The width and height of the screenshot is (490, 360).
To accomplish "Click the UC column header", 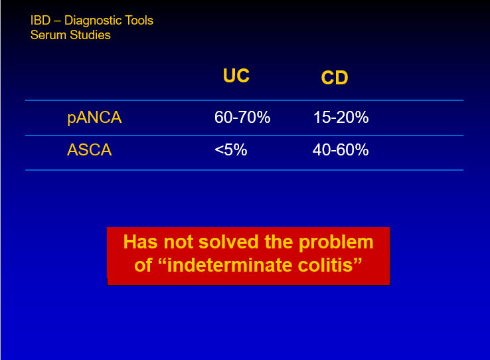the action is pos(236,76).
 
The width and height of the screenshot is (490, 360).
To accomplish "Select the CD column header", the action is pos(335,78).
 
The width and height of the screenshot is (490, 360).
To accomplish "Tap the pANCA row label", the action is pos(94,118).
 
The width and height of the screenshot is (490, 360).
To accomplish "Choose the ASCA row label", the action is pos(90,149).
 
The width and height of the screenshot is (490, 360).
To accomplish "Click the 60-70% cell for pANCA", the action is pos(242,118).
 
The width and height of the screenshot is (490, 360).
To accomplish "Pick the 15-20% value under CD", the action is pos(341,118).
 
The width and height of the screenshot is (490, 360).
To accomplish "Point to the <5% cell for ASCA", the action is pos(231,149).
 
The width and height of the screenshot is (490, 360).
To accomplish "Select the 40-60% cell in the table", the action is pos(341,149).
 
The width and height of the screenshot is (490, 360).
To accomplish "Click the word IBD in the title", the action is pos(41,21).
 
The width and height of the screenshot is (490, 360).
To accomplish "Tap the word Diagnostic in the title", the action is pos(93,21).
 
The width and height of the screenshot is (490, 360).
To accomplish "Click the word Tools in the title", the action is pos(139,21).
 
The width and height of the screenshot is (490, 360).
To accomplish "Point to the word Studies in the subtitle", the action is pos(90,35).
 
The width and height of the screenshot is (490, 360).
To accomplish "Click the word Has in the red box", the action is pos(140,242).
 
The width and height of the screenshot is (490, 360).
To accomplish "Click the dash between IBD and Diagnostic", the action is pos(58,21).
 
